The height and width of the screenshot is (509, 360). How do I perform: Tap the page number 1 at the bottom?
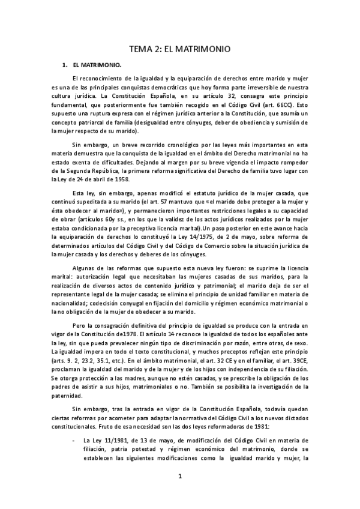(179, 477)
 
